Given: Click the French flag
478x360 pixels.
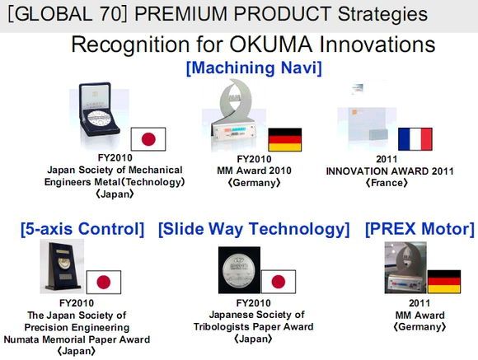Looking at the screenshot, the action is (415, 139).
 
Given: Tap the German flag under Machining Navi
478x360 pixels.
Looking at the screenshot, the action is (284, 139).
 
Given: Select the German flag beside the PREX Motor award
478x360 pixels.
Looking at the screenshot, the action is (444, 282).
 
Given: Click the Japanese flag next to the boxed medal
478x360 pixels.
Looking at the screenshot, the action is (148, 139).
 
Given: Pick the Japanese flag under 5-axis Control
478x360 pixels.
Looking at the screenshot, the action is (104, 282).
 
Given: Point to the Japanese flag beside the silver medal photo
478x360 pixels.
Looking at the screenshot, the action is (279, 282).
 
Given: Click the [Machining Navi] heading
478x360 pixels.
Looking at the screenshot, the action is (254, 68).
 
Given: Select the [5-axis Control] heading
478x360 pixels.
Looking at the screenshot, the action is (82, 229).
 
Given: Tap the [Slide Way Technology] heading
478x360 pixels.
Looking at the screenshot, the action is (254, 229).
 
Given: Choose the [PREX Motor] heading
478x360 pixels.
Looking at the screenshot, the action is (419, 229).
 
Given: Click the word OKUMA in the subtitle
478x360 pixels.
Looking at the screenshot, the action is (270, 44).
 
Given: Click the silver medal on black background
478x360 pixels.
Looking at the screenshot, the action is (239, 270).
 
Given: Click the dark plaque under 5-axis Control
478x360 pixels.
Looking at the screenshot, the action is (63, 265).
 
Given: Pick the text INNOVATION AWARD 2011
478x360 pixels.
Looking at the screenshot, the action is (390, 171).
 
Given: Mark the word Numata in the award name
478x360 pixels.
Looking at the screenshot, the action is (21, 339).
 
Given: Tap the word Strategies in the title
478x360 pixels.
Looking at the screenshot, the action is (382, 14).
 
